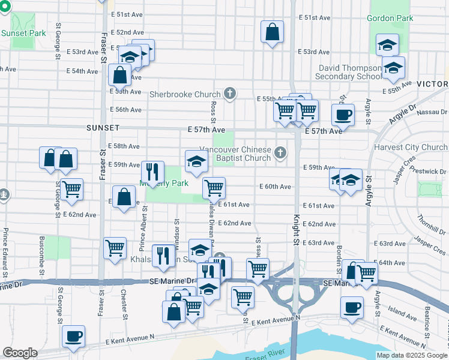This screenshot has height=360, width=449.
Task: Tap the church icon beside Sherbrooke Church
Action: pyautogui.click(x=229, y=93)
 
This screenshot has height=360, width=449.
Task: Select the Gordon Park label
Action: pyautogui.click(x=391, y=18)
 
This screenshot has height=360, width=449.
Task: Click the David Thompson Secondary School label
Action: pyautogui.click(x=349, y=72)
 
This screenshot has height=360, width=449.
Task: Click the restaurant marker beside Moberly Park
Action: pyautogui.click(x=152, y=170)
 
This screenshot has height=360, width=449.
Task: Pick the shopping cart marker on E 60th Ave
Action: pyautogui.click(x=214, y=187)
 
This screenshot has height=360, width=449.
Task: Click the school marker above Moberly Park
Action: pyautogui.click(x=196, y=160)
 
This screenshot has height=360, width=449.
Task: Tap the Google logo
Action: pyautogui.click(x=20, y=353)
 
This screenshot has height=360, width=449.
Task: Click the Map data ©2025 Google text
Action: pyautogui.click(x=412, y=355)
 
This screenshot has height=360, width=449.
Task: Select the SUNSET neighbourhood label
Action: pyautogui.click(x=103, y=128)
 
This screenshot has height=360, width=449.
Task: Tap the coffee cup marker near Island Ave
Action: pyautogui.click(x=352, y=307)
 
